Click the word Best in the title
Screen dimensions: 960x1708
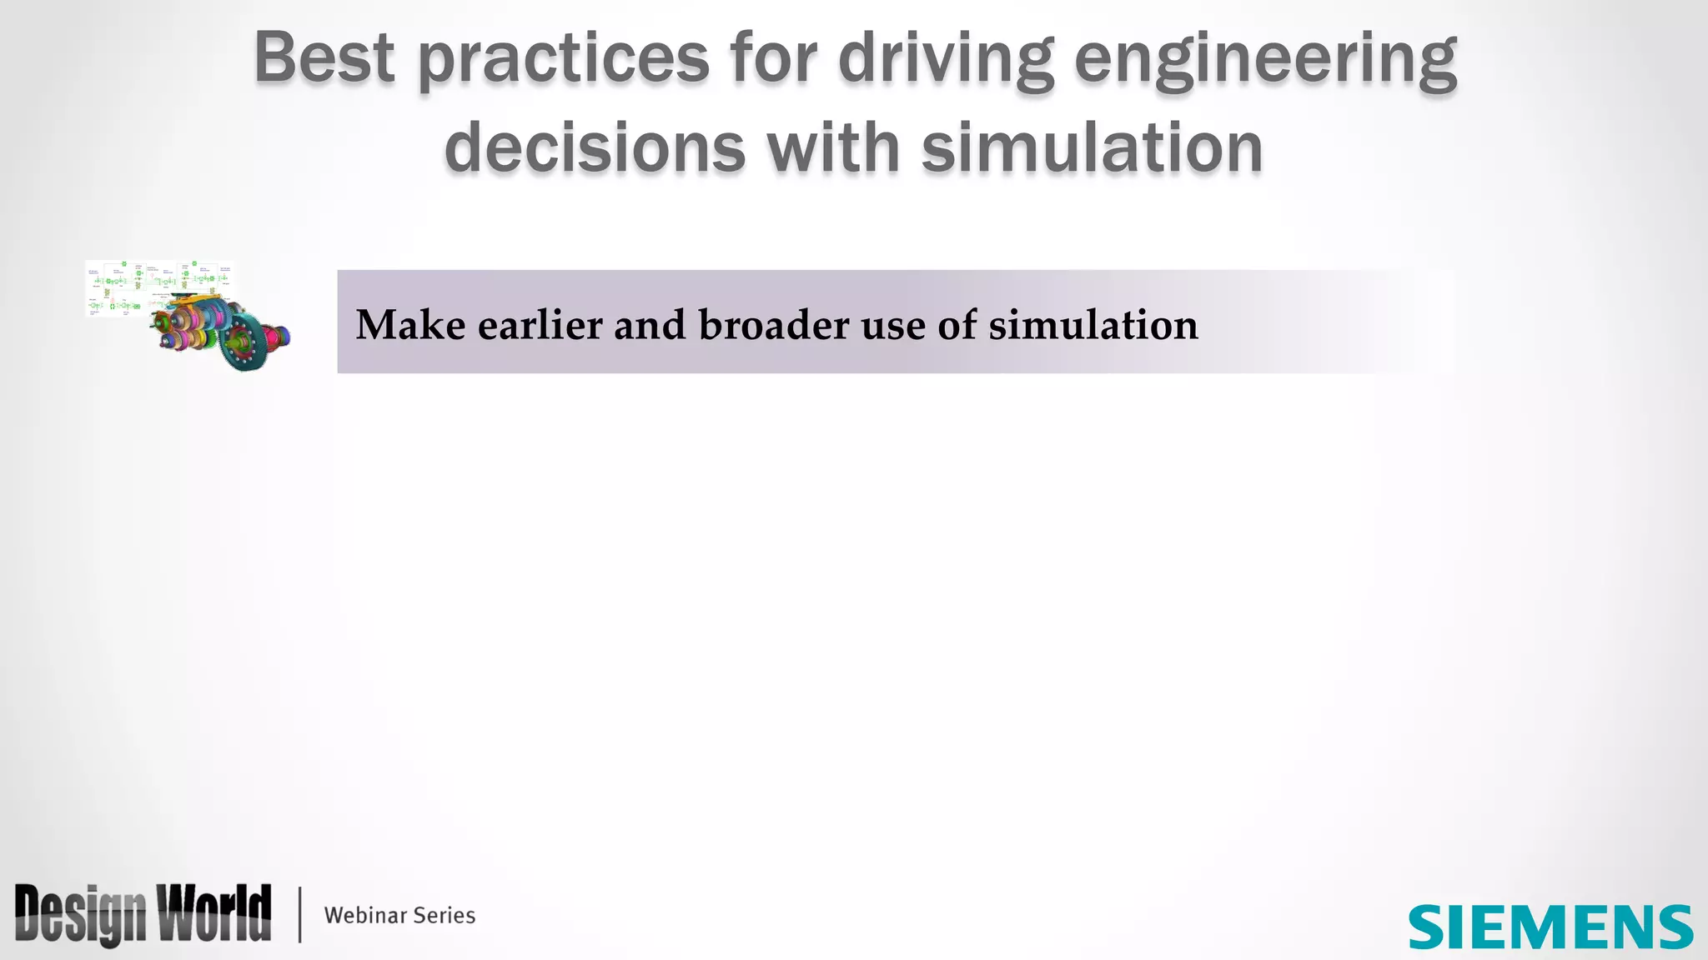tap(324, 58)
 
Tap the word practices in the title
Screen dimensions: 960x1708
tap(563, 60)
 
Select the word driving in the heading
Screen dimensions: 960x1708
tap(946, 60)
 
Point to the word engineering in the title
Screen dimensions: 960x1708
tap(1265, 60)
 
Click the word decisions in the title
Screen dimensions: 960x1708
tap(595, 148)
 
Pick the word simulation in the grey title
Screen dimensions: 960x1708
tap(1092, 148)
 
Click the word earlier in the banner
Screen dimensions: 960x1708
tap(540, 325)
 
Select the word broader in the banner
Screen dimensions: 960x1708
tap(774, 325)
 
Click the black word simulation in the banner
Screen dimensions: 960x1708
tap(1093, 325)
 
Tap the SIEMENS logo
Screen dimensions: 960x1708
tap(1550, 927)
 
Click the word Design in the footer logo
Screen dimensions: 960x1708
tap(80, 915)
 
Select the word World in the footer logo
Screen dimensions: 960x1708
tap(215, 913)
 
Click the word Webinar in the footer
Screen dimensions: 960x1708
tap(365, 915)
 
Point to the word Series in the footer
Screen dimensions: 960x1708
tap(445, 915)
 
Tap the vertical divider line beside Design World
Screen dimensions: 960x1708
tap(300, 915)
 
